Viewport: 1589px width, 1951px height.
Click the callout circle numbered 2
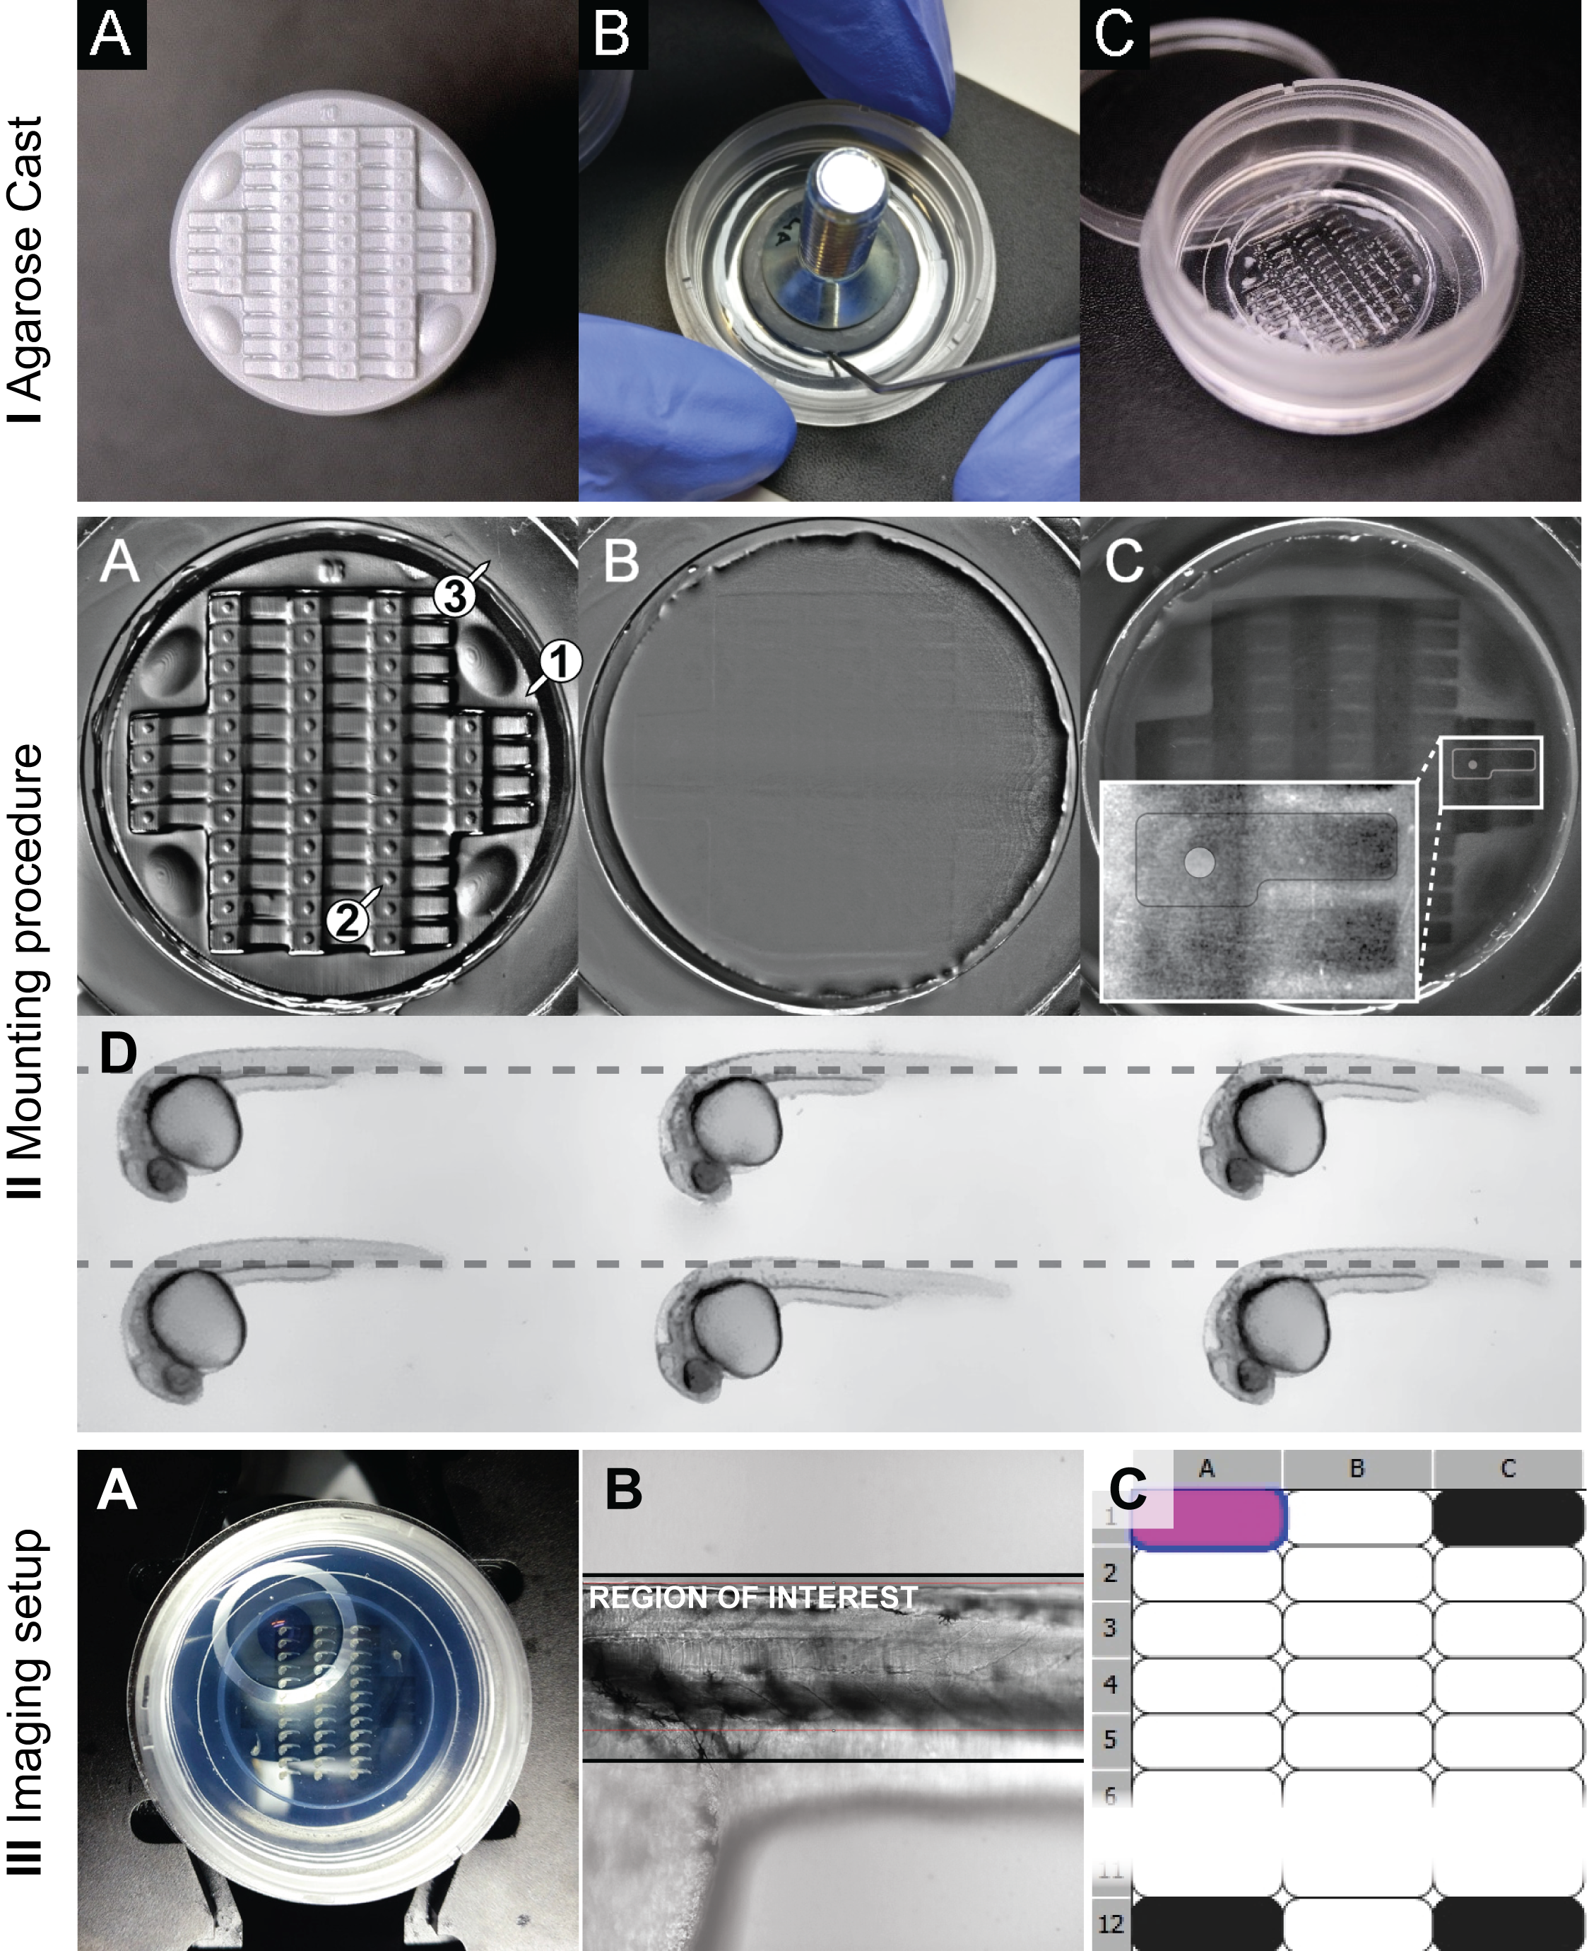(348, 921)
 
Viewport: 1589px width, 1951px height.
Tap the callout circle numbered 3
(455, 596)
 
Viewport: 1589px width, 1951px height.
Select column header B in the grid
(1357, 1468)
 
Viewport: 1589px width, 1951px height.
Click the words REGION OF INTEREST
(752, 1598)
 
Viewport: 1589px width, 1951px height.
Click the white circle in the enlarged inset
(1199, 862)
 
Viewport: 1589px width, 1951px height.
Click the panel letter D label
(118, 1052)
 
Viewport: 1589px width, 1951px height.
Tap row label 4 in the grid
(1110, 1684)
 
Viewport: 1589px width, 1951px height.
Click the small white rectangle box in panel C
(1490, 772)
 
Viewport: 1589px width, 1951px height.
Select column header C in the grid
(1508, 1468)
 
